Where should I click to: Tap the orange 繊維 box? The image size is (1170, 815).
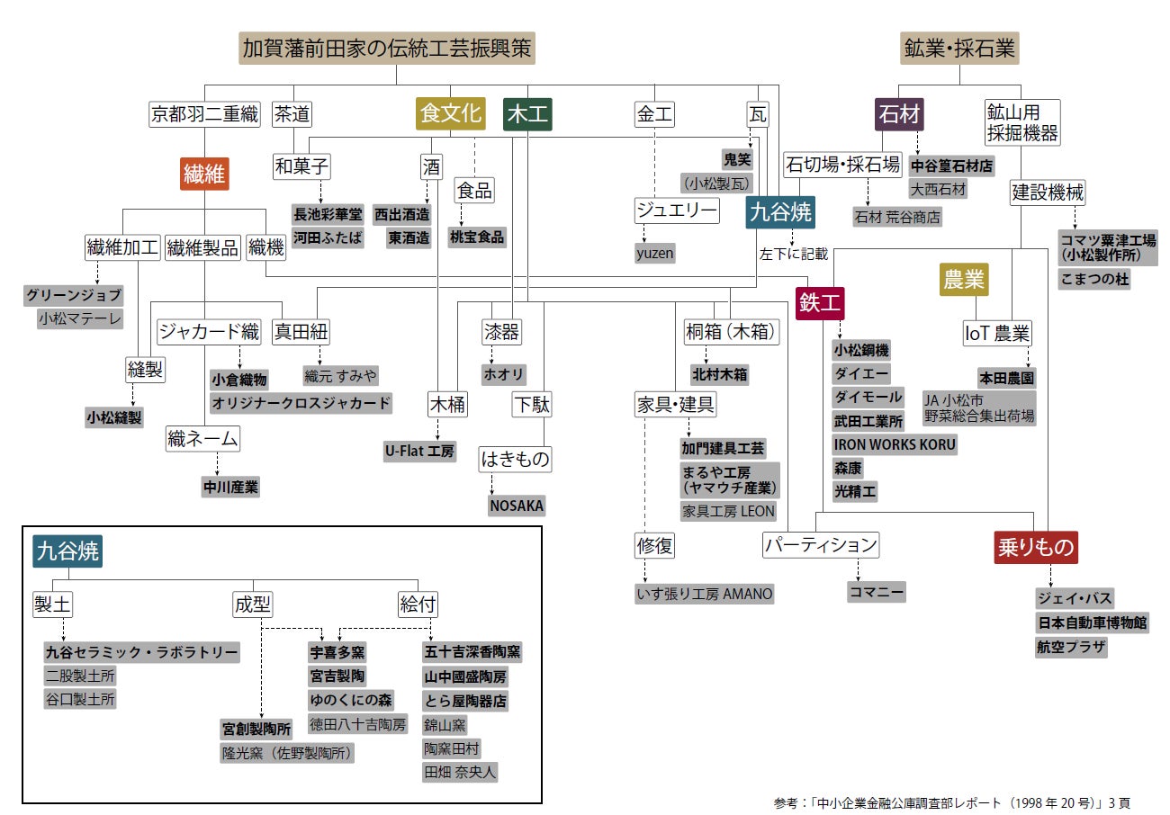coord(204,175)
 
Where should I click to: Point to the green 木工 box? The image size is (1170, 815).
coord(528,114)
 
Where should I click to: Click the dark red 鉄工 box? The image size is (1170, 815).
coord(821,303)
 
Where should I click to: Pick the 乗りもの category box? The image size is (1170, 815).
coord(1036,546)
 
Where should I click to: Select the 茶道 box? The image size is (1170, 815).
coord(292,114)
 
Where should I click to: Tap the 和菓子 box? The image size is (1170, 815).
coord(301,166)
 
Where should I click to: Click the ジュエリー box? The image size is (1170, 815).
coord(677,211)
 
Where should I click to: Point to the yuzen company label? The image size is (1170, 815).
coord(654,254)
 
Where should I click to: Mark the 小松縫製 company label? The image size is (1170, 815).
coord(114,416)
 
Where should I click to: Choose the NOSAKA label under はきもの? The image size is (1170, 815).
coord(517,506)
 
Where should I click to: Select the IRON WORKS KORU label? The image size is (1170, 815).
coord(894,444)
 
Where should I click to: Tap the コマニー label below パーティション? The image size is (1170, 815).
coord(876,592)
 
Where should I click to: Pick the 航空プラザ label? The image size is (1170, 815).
coord(1071,647)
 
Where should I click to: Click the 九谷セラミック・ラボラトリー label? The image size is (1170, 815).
coord(141,652)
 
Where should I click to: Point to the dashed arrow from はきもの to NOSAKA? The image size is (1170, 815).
coord(490,484)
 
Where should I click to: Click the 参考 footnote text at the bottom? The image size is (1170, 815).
coord(950,802)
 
